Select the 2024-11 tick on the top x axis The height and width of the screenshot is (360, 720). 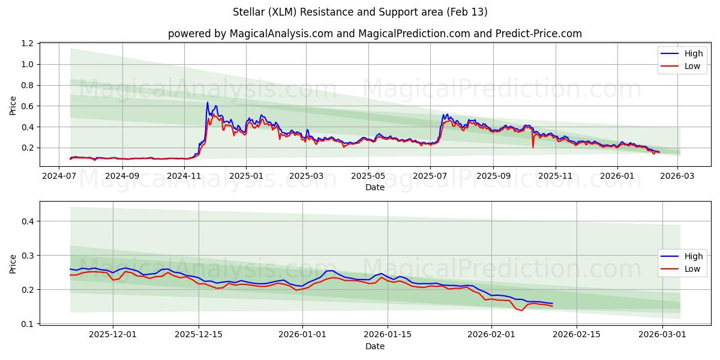point(184,176)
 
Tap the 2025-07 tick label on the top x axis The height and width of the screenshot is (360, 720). point(430,176)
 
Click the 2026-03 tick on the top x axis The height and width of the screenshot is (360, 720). point(678,176)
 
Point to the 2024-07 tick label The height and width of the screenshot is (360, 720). point(59,176)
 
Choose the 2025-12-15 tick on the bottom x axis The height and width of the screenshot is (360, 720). point(199,334)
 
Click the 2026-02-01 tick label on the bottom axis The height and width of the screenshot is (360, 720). point(491,334)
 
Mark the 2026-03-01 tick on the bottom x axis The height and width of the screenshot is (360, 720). point(662,334)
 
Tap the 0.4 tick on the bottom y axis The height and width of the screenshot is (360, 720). point(28,221)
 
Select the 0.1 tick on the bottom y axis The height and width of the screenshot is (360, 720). point(28,324)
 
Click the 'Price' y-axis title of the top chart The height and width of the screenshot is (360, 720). point(13,105)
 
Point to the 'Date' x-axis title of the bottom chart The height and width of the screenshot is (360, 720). point(374,346)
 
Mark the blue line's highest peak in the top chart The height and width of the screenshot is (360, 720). point(208,102)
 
